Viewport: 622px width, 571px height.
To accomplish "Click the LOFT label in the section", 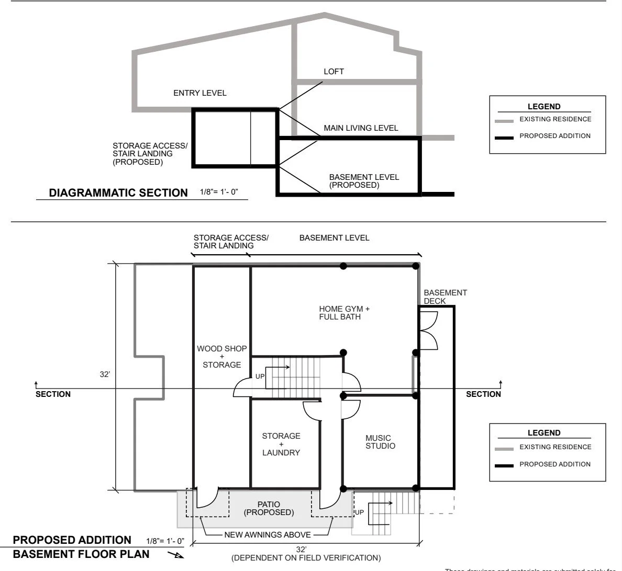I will click(334, 72).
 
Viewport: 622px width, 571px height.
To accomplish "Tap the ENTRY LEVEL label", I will click(199, 93).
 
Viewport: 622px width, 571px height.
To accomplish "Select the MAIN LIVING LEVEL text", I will click(360, 128).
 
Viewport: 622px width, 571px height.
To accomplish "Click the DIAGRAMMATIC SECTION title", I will click(118, 193).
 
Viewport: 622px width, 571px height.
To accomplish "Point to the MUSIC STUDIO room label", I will click(380, 442).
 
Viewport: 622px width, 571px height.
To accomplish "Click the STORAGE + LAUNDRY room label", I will click(281, 444).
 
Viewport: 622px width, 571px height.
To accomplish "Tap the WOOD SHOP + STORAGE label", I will click(221, 357).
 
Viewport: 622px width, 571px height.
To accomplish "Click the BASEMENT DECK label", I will click(445, 296).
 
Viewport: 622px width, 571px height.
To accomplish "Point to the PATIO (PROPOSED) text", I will click(269, 508).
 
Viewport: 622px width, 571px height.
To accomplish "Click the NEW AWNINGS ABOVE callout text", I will click(267, 535).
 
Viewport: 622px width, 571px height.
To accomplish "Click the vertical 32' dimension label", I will click(105, 375).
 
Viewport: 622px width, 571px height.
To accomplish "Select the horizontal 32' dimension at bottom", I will click(301, 550).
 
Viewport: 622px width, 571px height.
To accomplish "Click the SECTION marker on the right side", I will click(483, 394).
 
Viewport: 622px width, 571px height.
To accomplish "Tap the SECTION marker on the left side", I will click(53, 394).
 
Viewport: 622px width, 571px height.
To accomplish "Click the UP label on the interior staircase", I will click(260, 376).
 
